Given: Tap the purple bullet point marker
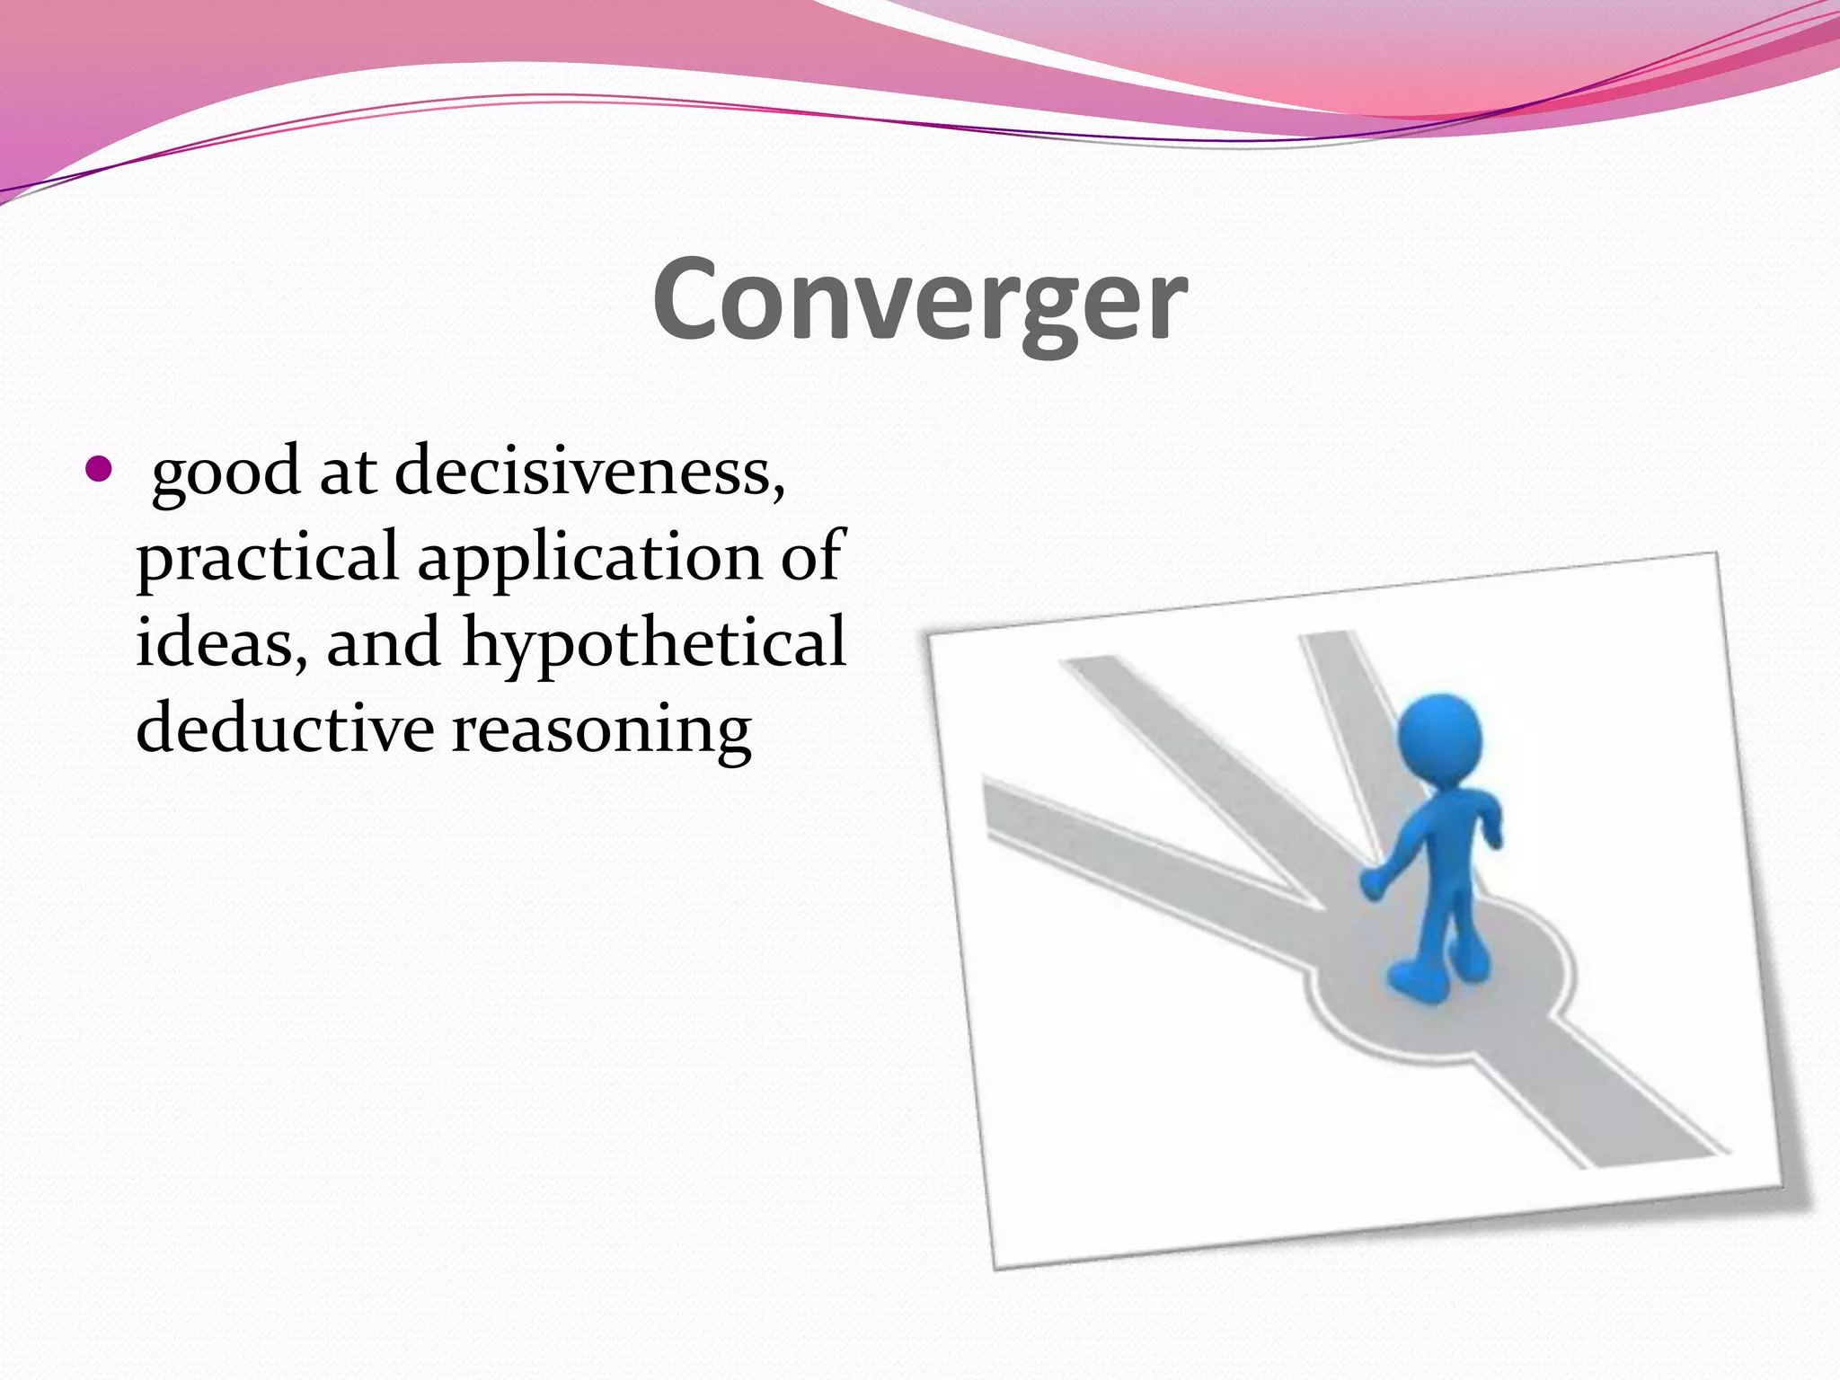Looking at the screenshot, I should tap(98, 469).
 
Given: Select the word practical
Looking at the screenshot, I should tap(267, 557).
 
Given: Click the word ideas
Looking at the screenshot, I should tap(220, 642).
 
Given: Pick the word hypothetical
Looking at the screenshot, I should tap(653, 642).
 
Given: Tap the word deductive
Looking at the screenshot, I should tap(285, 728).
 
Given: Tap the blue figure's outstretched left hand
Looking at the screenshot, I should tap(1374, 882).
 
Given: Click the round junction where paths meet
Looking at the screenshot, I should tap(1437, 988).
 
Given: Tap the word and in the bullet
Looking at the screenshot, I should tap(384, 642).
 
